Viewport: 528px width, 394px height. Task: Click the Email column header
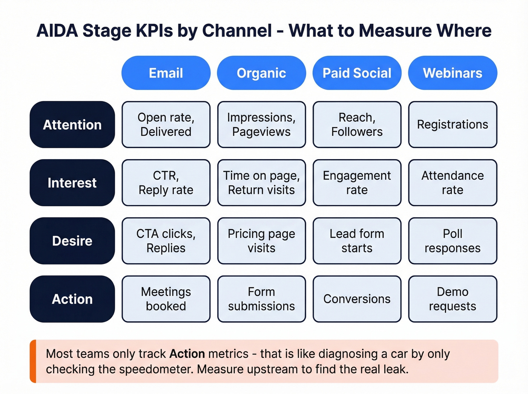(166, 73)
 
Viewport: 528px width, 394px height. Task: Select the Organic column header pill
(261, 73)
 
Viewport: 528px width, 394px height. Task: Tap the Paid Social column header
(357, 73)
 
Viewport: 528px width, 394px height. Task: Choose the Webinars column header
(453, 73)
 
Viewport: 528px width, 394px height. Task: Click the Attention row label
(72, 124)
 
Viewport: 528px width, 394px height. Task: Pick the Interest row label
(72, 182)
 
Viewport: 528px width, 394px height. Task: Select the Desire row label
(72, 241)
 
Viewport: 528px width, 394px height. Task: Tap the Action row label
(72, 299)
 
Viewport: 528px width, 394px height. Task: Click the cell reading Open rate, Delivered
(166, 124)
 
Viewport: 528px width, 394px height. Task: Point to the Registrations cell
(453, 124)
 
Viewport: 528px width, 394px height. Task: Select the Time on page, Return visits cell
(261, 182)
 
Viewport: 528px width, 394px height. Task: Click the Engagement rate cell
(357, 182)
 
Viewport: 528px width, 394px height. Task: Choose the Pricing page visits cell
(261, 241)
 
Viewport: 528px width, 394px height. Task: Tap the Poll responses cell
(453, 241)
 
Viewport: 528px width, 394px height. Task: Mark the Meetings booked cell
(166, 299)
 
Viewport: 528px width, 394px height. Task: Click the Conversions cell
(357, 299)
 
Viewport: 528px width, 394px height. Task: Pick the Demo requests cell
(453, 299)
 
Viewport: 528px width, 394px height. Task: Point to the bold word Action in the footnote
(187, 354)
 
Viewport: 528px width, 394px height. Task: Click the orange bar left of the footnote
(33, 361)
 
